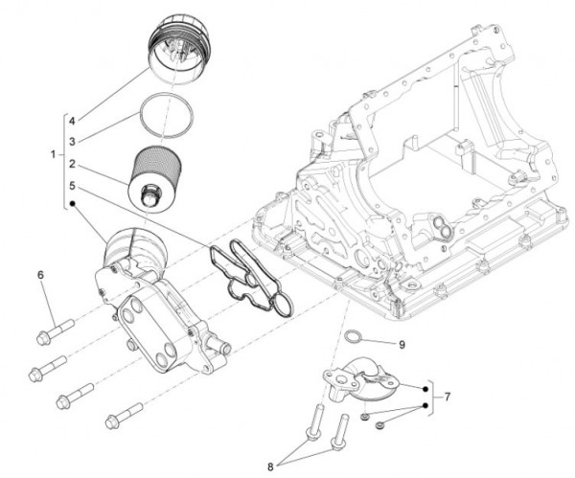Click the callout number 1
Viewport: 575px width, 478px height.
click(52, 154)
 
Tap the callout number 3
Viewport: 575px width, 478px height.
click(71, 140)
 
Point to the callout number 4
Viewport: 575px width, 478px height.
click(71, 123)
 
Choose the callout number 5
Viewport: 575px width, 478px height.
click(71, 185)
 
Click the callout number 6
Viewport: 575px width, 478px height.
click(41, 276)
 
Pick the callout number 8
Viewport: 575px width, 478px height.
click(270, 467)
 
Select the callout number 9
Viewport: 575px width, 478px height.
click(403, 342)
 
